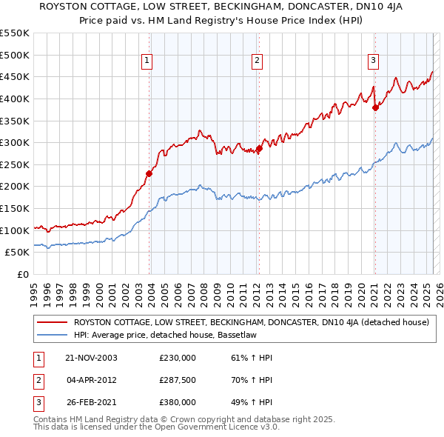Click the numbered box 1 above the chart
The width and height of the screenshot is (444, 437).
pos(147,61)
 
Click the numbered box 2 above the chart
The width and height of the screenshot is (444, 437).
pos(257,61)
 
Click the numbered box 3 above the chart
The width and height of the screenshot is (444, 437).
pos(373,61)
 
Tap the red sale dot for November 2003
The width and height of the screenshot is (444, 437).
pos(149,173)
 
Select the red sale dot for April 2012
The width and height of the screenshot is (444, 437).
pos(259,148)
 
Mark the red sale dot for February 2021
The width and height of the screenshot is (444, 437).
pos(375,107)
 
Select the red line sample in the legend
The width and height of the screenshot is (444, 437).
pos(52,322)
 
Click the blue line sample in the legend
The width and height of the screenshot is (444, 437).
pos(52,335)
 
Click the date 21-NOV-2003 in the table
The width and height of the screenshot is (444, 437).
pos(92,358)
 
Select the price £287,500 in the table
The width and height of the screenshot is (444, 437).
pos(178,380)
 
